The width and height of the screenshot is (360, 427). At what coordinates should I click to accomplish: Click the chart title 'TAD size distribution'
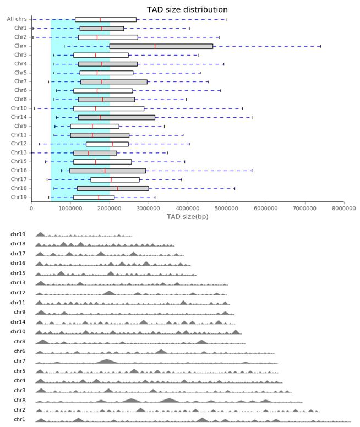(187, 9)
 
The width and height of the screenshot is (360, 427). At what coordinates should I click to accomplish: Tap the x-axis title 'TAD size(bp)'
(188, 217)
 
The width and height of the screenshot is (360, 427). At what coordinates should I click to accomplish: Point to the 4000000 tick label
(188, 209)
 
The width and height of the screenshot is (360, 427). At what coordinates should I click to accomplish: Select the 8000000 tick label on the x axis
(343, 209)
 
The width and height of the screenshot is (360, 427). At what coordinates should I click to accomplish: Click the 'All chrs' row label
(17, 19)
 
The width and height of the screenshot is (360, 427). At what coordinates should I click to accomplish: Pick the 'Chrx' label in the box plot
(20, 46)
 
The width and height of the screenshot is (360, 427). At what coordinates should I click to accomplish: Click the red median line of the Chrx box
(155, 46)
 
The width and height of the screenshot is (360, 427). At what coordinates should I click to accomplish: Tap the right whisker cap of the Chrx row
(321, 46)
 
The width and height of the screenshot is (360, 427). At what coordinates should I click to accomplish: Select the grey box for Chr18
(113, 188)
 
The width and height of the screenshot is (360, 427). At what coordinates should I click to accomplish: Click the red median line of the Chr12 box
(112, 144)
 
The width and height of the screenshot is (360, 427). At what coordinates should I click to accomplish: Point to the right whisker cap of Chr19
(155, 198)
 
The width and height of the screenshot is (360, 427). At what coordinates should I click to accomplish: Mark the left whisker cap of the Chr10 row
(35, 108)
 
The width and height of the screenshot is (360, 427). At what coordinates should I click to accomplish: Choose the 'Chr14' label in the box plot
(19, 117)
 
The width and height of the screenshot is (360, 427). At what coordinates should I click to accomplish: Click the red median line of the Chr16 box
(105, 171)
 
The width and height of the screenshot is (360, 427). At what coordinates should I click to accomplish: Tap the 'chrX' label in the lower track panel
(20, 400)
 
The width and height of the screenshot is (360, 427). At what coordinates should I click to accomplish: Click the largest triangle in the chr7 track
(107, 362)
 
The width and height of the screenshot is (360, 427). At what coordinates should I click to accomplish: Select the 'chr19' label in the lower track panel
(18, 234)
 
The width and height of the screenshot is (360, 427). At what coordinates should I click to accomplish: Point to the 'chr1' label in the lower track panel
(20, 419)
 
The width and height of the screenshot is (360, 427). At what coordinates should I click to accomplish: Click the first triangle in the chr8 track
(43, 342)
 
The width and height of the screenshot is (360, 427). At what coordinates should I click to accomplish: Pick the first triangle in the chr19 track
(40, 234)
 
